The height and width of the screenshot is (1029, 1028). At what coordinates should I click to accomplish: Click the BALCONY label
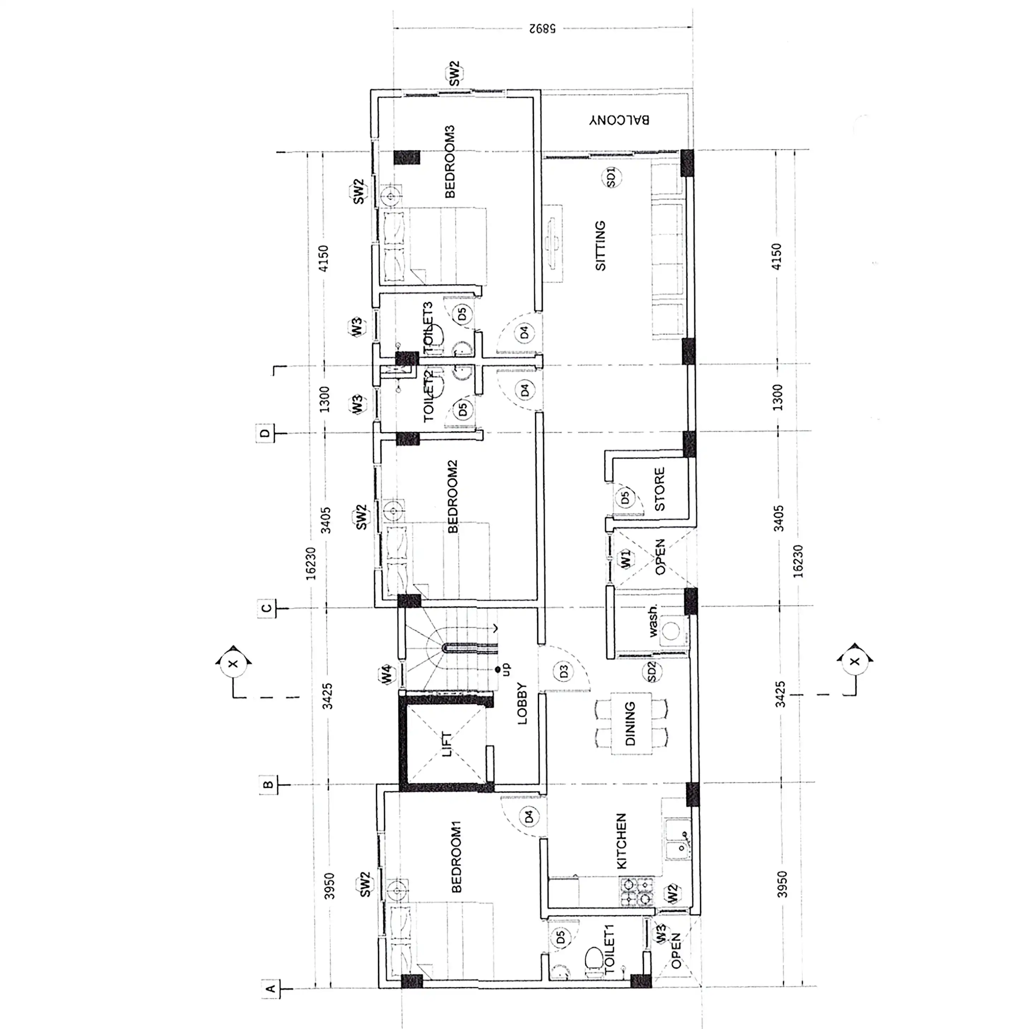619,119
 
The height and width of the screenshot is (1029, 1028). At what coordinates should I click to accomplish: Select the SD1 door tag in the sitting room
611,177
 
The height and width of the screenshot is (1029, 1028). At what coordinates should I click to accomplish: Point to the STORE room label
659,489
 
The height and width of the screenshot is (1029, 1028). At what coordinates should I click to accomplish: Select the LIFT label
447,744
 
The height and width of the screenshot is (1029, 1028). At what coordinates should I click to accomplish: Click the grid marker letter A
270,989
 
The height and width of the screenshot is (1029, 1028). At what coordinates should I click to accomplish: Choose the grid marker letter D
265,433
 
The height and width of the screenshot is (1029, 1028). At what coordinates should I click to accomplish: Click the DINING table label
630,723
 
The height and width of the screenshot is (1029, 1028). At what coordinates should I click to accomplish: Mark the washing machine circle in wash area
670,632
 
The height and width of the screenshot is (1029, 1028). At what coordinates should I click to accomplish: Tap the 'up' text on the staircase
506,669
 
